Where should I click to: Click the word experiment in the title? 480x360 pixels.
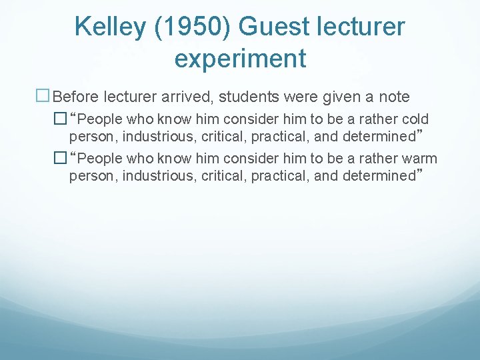coord(240,59)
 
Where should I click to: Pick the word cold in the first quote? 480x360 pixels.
coord(415,119)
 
